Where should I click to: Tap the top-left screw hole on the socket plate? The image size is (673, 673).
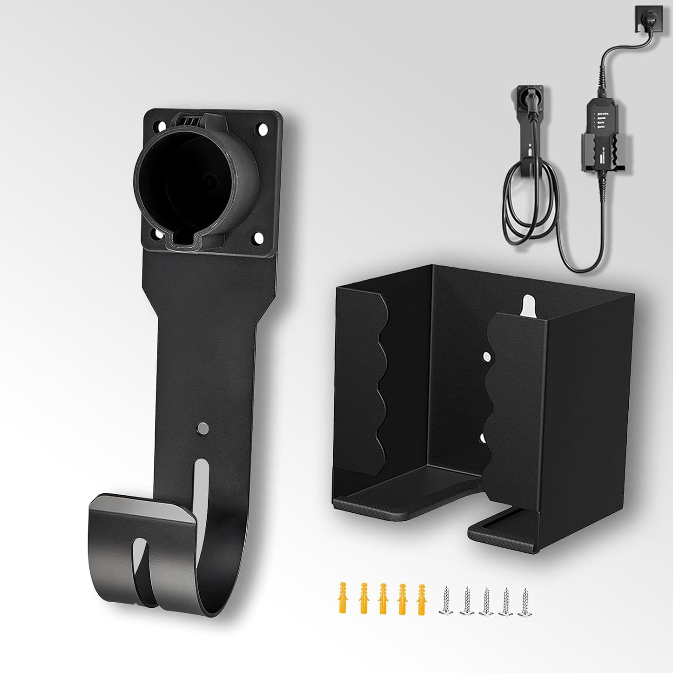click(162, 126)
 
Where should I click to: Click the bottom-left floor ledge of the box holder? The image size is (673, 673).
click(387, 501)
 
